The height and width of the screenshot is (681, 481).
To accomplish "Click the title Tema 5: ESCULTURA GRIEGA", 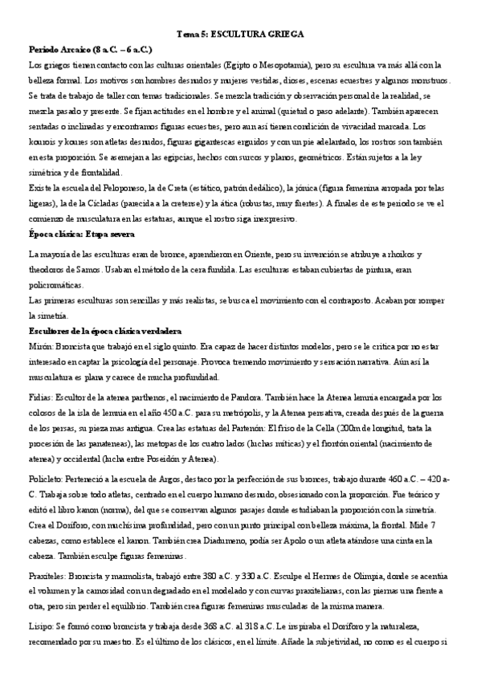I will (x=240, y=35).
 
